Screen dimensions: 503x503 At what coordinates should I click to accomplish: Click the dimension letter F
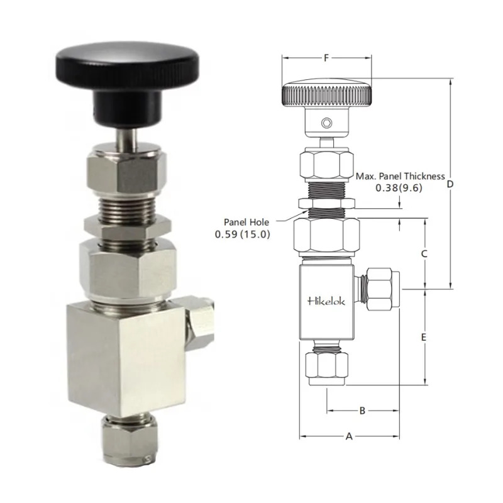(326, 58)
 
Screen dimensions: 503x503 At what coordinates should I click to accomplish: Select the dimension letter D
(450, 184)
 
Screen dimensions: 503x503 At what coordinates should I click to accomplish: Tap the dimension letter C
(424, 254)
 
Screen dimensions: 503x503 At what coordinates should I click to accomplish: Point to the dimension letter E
(424, 337)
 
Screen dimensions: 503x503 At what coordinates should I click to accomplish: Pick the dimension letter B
(362, 411)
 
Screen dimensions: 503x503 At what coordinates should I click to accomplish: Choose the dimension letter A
(349, 436)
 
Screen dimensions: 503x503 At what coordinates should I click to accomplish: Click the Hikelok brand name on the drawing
(326, 301)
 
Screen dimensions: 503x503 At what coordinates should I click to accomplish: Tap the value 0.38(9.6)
(399, 187)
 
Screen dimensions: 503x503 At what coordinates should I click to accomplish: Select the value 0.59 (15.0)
(243, 234)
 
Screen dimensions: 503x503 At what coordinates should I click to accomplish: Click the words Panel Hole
(246, 222)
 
